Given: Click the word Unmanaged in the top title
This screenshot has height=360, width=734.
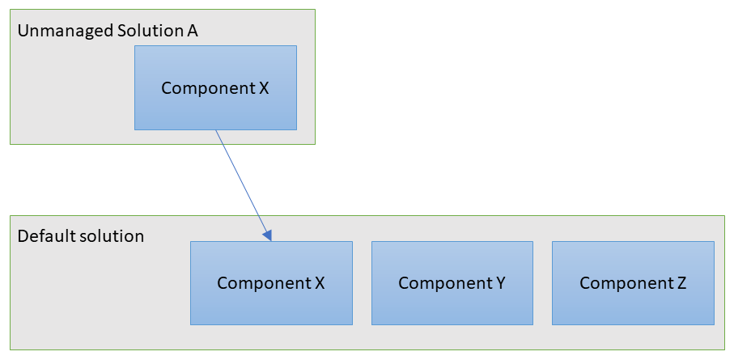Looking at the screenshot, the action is tap(63, 32).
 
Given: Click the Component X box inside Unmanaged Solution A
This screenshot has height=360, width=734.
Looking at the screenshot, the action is tap(215, 87).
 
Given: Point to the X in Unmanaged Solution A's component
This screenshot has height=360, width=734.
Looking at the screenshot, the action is tap(264, 88).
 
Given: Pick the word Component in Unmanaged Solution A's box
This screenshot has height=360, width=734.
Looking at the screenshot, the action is tap(207, 89).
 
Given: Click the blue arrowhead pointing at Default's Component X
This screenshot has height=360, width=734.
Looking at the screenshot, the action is tap(267, 235).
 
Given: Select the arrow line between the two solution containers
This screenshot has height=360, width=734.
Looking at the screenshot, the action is tap(244, 185).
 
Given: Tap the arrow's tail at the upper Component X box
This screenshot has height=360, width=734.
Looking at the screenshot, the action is tap(216, 130).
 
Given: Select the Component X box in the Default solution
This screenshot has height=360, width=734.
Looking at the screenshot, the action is tap(271, 283).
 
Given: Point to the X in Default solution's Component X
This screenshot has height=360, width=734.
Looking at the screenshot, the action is tap(319, 283).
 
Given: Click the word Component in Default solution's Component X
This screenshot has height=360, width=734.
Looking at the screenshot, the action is tap(263, 284).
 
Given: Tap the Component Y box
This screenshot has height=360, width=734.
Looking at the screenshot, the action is tap(452, 283).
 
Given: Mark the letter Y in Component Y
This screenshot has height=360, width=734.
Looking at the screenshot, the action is tap(500, 283).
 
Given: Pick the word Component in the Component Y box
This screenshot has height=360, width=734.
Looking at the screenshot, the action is tap(444, 284).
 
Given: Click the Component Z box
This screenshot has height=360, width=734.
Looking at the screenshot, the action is tap(633, 283).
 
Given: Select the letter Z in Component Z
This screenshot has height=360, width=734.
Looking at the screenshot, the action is tap(681, 283).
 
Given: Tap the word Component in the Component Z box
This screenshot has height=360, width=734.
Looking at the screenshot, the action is tap(626, 284).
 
